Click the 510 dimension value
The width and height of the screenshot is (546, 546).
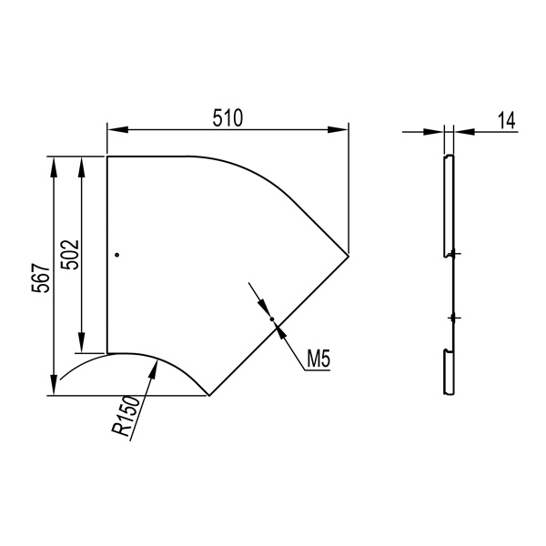click(227, 117)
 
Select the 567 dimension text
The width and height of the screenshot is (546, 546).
click(41, 278)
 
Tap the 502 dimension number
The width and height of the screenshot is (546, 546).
click(70, 255)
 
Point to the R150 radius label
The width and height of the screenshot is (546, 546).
click(126, 416)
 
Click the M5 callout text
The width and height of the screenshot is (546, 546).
click(318, 359)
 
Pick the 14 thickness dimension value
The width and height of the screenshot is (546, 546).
click(506, 120)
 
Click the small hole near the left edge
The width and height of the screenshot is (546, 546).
click(117, 255)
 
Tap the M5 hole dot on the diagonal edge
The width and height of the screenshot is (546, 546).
click(272, 319)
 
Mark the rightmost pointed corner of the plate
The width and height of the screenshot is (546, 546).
click(349, 256)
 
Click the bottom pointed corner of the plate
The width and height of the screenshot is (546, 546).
click(209, 395)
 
